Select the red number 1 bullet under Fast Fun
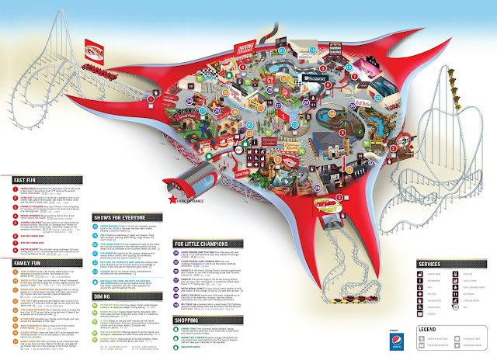11,188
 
